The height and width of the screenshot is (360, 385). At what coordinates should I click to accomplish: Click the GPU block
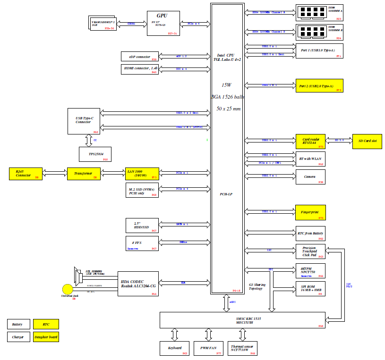pyautogui.click(x=163, y=23)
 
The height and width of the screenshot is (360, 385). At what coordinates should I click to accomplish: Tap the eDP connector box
pyautogui.click(x=139, y=57)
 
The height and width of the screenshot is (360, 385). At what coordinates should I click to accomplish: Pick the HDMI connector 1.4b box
pyautogui.click(x=139, y=69)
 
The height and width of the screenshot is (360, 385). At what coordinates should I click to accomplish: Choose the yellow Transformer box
pyautogui.click(x=84, y=174)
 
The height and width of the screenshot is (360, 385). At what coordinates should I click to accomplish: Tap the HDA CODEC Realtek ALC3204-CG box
pyautogui.click(x=138, y=283)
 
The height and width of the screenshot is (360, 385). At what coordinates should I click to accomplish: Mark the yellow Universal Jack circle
pyautogui.click(x=68, y=289)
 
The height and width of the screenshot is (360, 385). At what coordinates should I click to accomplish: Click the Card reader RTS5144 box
pyautogui.click(x=310, y=141)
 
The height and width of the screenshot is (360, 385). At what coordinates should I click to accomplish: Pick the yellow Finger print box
pyautogui.click(x=310, y=213)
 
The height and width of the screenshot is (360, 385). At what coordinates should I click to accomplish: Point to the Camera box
pyautogui.click(x=310, y=177)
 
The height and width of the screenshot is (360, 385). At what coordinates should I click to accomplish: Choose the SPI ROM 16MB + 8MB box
pyautogui.click(x=310, y=289)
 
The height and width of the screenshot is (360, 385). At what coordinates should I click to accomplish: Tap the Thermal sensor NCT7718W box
pyautogui.click(x=242, y=348)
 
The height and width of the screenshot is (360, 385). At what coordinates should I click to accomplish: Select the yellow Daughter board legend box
pyautogui.click(x=46, y=337)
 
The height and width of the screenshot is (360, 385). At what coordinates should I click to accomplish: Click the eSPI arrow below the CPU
pyautogui.click(x=226, y=302)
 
